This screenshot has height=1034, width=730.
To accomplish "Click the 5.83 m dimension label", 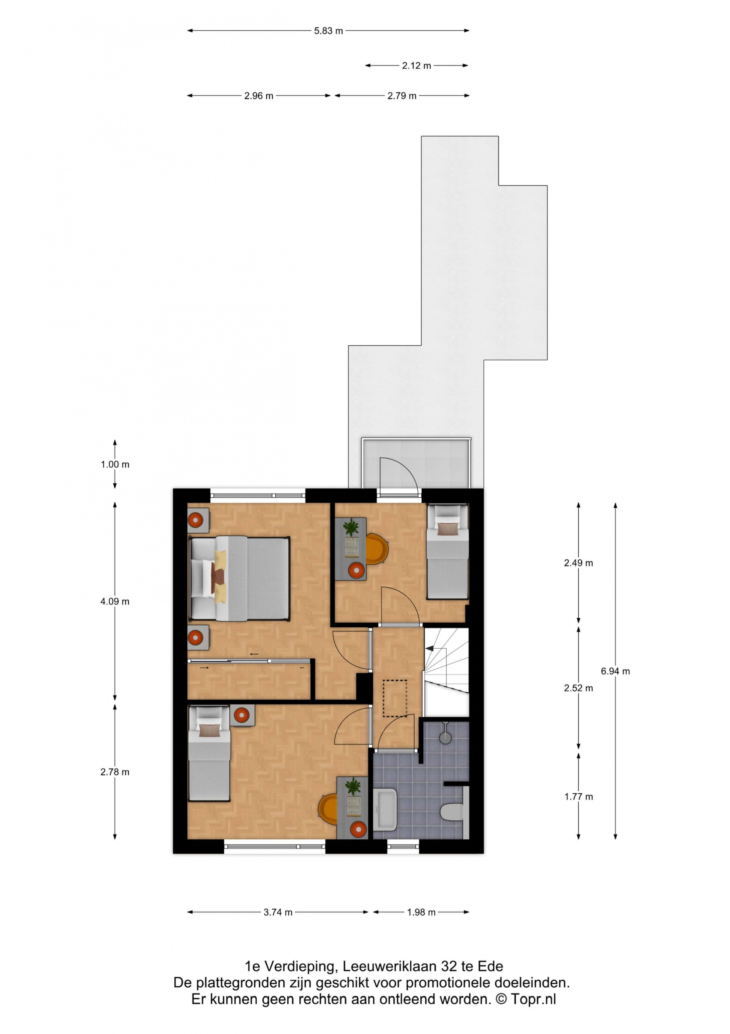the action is coord(328,31).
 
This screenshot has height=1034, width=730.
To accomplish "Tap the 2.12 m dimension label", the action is coord(416,66).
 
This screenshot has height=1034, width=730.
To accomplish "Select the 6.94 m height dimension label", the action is coord(615,671).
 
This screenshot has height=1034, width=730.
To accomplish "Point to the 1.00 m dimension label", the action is coord(115,464).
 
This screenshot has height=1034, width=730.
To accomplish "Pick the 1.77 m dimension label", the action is coord(578,797).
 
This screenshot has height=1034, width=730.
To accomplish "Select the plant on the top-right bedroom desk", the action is coord(351,528).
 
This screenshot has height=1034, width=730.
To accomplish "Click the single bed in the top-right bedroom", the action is coord(448,552).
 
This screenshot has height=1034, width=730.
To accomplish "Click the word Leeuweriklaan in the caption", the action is coord(389,967).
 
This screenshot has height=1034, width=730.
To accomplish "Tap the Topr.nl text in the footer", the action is coord(533,999).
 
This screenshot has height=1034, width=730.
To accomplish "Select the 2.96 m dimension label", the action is coord(259,96).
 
